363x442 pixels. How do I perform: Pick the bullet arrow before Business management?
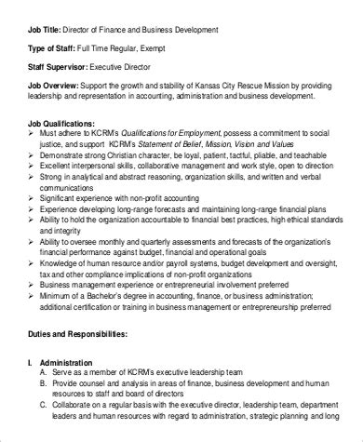click(23, 289)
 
